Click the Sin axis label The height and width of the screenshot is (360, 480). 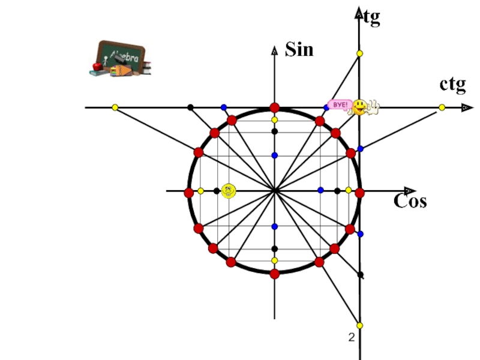[299, 49]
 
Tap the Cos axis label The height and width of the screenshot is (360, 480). [410, 201]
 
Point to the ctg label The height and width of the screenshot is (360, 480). [452, 85]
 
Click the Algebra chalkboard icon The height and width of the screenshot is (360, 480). [120, 58]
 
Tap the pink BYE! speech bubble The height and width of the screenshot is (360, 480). [340, 104]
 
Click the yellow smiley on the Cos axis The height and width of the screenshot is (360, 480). [229, 191]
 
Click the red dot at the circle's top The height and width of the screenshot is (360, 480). [274, 107]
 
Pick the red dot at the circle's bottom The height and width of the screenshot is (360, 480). [274, 274]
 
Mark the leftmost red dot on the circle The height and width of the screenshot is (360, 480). [189, 193]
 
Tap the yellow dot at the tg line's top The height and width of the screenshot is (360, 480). [360, 54]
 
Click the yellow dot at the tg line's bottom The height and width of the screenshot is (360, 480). [360, 325]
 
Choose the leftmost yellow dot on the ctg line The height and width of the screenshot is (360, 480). [115, 107]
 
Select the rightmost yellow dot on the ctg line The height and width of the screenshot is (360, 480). [442, 107]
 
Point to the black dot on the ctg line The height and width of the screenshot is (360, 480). [190, 107]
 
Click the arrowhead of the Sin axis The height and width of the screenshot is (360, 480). [274, 50]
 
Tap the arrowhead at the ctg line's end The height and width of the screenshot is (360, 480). [466, 107]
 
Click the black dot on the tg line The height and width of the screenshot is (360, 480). [360, 274]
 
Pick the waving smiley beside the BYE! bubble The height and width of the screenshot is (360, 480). [362, 107]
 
